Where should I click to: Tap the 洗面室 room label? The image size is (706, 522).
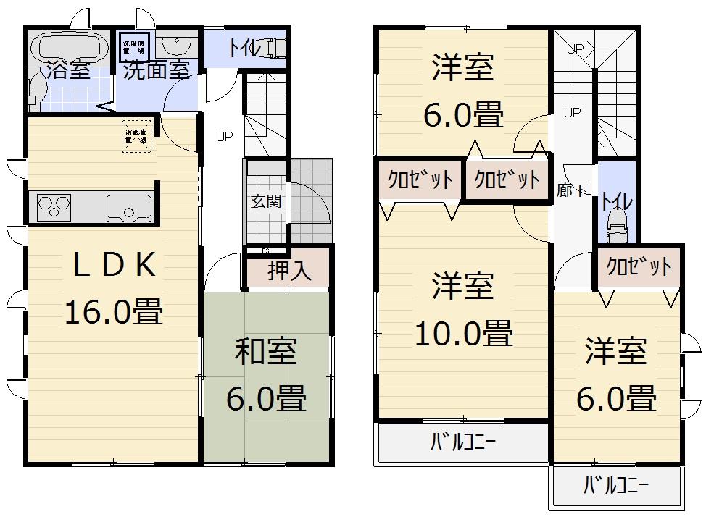[x=156, y=70]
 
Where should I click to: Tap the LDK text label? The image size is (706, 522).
[x=114, y=267]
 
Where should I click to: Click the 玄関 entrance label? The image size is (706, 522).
[x=266, y=201]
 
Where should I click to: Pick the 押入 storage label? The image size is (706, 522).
[x=289, y=271]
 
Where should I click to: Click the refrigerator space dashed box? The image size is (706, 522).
[x=137, y=136]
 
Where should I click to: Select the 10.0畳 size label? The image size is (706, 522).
[x=464, y=333]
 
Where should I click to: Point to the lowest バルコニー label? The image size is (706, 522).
[x=616, y=486]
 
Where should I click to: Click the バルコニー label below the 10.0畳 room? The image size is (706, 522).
[x=463, y=440]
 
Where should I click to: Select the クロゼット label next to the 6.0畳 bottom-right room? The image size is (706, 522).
[x=639, y=267]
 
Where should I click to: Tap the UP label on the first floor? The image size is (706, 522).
[x=224, y=135]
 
